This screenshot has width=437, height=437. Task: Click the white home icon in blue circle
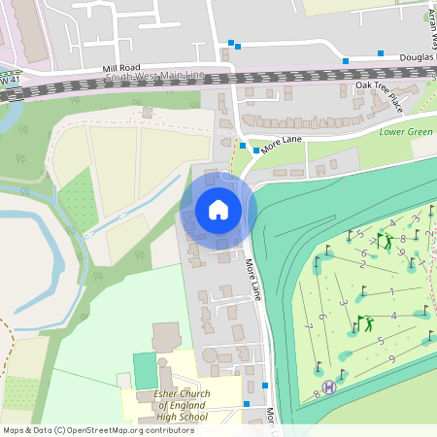point(218,210)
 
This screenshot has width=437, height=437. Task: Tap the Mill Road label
point(121,68)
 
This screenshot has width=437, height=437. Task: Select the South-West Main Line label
point(155,76)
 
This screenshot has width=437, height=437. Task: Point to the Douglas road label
point(418,57)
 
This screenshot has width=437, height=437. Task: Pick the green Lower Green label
point(406,131)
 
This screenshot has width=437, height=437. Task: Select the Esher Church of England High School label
point(181,404)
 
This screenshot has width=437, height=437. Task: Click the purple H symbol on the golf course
point(329,387)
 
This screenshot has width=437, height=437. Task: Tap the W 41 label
point(10,79)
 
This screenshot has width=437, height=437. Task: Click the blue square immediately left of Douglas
point(381,53)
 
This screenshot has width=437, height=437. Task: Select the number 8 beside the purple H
point(317,393)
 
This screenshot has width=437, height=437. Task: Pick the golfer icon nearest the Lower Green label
point(388,241)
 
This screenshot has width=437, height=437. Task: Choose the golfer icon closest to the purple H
point(365,322)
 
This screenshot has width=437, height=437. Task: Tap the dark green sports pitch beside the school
point(144,370)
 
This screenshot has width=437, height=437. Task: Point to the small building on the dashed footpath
point(147,113)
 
